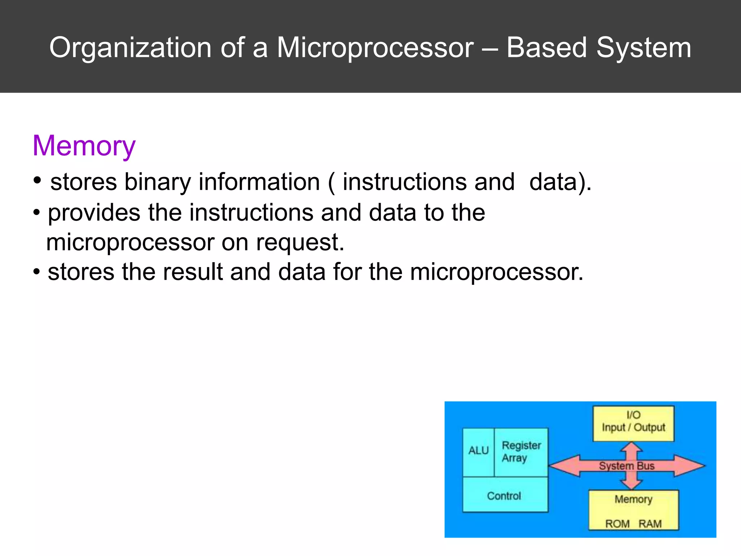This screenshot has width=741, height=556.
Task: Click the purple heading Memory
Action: pyautogui.click(x=84, y=146)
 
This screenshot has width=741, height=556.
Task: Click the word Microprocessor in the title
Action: pyautogui.click(x=375, y=48)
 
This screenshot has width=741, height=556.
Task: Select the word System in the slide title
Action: pyautogui.click(x=644, y=48)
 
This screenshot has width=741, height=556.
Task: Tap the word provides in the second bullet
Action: pyautogui.click(x=94, y=212)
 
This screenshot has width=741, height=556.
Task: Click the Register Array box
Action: pyautogui.click(x=521, y=452)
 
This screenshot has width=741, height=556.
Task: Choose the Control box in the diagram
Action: pyautogui.click(x=504, y=496)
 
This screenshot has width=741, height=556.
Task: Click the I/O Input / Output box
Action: pyautogui.click(x=633, y=422)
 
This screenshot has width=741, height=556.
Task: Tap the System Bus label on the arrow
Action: pyautogui.click(x=626, y=466)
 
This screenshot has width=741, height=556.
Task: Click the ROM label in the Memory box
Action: pyautogui.click(x=617, y=523)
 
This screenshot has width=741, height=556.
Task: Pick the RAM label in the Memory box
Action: pyautogui.click(x=650, y=523)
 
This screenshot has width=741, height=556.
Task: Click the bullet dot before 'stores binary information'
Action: pyautogui.click(x=37, y=180)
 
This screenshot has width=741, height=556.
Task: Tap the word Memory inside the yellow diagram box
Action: pyautogui.click(x=633, y=499)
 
